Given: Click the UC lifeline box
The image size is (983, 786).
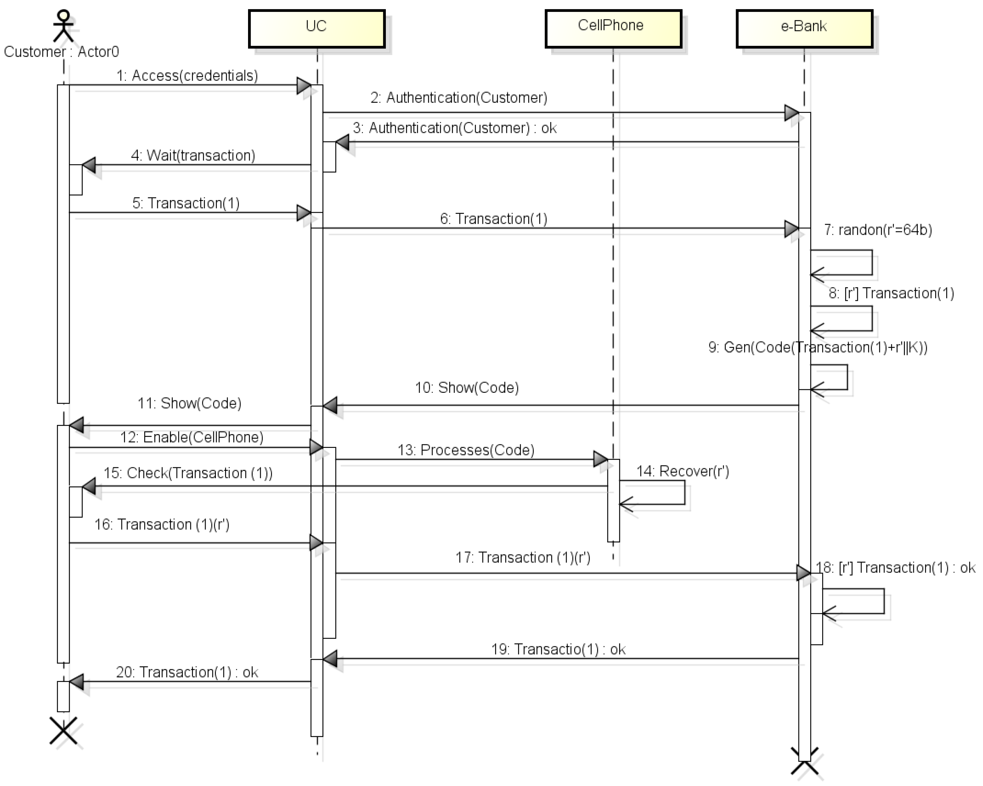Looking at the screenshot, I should point(317,28).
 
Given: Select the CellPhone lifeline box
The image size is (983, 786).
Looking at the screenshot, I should point(613,28).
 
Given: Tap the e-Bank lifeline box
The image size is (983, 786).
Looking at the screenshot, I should point(804,28).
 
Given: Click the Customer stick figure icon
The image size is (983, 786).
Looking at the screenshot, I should point(64,26).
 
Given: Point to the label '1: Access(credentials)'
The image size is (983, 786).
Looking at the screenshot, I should point(187,76).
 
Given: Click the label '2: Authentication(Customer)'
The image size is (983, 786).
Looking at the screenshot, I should point(458,98).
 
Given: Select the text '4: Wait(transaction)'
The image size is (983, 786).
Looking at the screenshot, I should point(193,155).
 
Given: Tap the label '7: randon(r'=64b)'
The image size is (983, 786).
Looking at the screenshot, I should point(878,229).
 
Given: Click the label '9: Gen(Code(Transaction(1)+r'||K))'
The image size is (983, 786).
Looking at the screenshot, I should point(818,347).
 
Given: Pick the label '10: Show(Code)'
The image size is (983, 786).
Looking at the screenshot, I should point(466,387).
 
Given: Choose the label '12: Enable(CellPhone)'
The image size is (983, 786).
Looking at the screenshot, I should point(191,437).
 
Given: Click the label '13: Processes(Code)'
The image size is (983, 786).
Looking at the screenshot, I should point(465,450).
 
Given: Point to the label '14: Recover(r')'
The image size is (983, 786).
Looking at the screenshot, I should point(682,471).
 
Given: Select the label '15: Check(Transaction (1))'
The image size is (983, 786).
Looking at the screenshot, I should point(188,473).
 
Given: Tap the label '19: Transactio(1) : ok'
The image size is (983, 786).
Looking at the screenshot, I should point(558,649).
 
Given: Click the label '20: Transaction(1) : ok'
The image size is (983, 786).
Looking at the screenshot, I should point(187,672).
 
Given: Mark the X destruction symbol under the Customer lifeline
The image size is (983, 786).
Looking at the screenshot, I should point(64,731).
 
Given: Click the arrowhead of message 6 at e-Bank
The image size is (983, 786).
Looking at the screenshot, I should point(792,228).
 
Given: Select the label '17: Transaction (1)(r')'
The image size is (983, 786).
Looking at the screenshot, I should point(523,557).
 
